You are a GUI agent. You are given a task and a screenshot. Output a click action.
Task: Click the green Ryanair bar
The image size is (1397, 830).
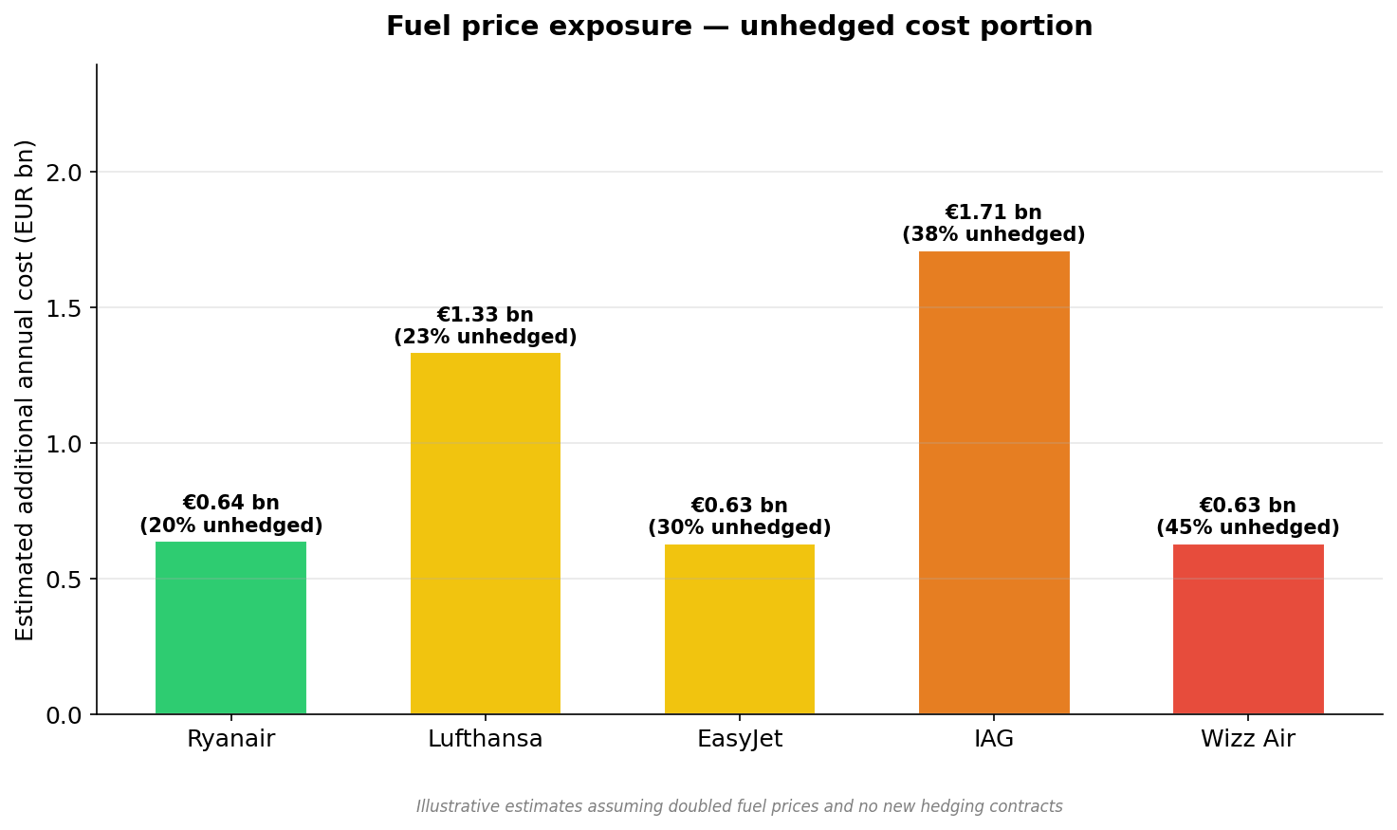[x=230, y=627]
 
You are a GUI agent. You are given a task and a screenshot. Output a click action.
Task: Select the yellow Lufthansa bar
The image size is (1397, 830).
[x=485, y=533]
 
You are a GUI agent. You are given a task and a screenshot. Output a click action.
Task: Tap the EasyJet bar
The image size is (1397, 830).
[x=739, y=629]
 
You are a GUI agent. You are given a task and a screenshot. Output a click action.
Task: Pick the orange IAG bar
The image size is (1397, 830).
[x=994, y=482]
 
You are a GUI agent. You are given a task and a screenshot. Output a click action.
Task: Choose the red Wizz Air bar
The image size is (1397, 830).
[x=1248, y=629]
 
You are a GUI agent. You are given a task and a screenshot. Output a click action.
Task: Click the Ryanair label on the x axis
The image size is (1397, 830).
[x=230, y=739]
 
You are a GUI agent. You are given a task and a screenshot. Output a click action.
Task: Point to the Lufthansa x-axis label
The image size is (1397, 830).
[x=485, y=739]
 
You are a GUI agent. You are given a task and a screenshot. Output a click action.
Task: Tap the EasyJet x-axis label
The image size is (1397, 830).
[x=739, y=739]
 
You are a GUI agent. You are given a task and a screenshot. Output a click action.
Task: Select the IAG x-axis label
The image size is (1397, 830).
[x=994, y=739]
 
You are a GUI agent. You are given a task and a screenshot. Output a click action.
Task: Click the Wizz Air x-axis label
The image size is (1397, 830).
[x=1248, y=739]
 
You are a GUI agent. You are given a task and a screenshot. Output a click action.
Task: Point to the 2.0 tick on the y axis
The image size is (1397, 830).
[x=65, y=173]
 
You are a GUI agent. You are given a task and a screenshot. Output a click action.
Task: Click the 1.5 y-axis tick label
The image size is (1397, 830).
[x=65, y=308]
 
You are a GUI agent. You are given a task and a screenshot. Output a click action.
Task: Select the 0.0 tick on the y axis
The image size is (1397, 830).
[x=65, y=715]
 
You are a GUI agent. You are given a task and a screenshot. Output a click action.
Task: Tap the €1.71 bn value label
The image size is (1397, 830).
[x=994, y=212]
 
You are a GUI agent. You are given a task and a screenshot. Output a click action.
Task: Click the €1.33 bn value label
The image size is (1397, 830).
[x=485, y=315]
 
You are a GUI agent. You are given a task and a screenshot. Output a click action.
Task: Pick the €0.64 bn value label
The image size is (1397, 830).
[x=230, y=503]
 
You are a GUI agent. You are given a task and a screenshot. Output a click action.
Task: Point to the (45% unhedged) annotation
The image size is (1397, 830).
[x=1248, y=528]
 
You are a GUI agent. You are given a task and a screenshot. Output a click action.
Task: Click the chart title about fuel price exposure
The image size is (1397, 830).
[x=739, y=27]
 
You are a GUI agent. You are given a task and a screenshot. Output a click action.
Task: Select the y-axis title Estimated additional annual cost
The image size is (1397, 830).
[x=26, y=389]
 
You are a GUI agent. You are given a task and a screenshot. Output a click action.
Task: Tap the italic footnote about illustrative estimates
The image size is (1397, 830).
[x=739, y=806]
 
